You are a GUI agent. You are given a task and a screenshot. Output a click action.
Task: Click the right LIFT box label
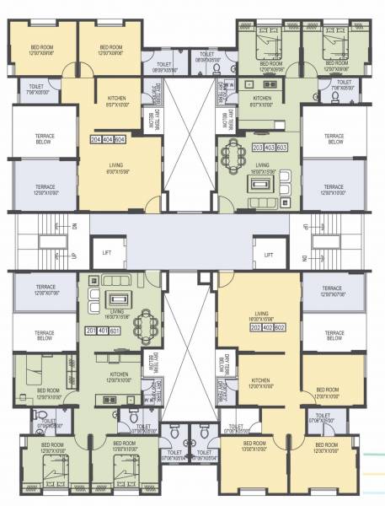(269, 252)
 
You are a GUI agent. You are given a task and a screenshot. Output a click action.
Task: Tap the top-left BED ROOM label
(42, 50)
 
